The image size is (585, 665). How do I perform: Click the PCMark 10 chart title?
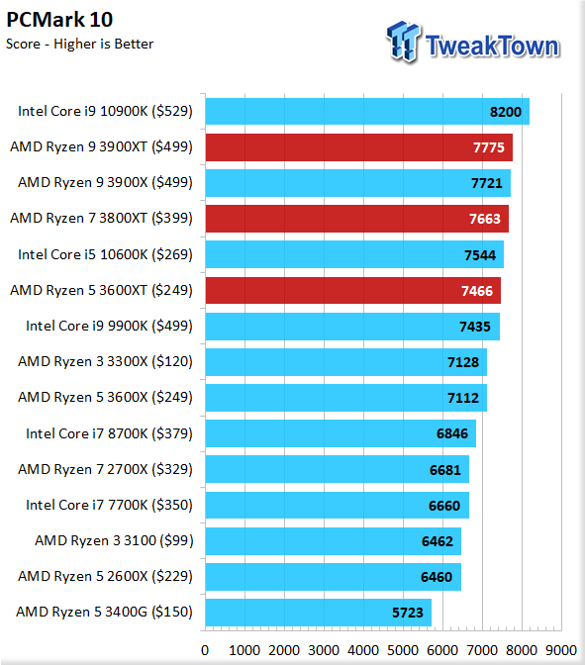point(59,20)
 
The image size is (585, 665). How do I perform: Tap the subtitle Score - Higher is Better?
point(79,45)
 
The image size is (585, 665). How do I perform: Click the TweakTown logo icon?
point(404,42)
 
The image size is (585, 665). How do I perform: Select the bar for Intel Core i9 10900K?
point(367,112)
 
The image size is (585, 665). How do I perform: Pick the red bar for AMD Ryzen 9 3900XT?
point(359,147)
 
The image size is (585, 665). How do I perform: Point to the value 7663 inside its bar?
point(484,219)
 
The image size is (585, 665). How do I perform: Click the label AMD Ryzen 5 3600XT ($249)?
point(101,291)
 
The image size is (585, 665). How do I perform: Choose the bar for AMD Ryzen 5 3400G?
point(319,613)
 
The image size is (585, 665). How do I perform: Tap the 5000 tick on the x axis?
point(403,650)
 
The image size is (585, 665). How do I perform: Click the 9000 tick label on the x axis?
point(561,650)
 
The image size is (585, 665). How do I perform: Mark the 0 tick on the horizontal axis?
point(205,650)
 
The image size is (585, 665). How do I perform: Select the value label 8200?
point(505,112)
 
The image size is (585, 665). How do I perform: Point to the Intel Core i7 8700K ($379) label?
point(109,433)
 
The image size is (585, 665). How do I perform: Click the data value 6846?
point(452,433)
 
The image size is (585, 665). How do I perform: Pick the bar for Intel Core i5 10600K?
point(354,254)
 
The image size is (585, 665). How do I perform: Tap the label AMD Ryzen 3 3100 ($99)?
point(114,540)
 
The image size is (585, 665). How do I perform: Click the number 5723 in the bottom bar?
point(407,613)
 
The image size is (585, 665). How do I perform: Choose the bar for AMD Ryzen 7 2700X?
point(338,469)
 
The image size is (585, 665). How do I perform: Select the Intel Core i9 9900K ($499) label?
point(109,327)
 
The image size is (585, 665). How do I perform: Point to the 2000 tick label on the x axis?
point(284,650)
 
